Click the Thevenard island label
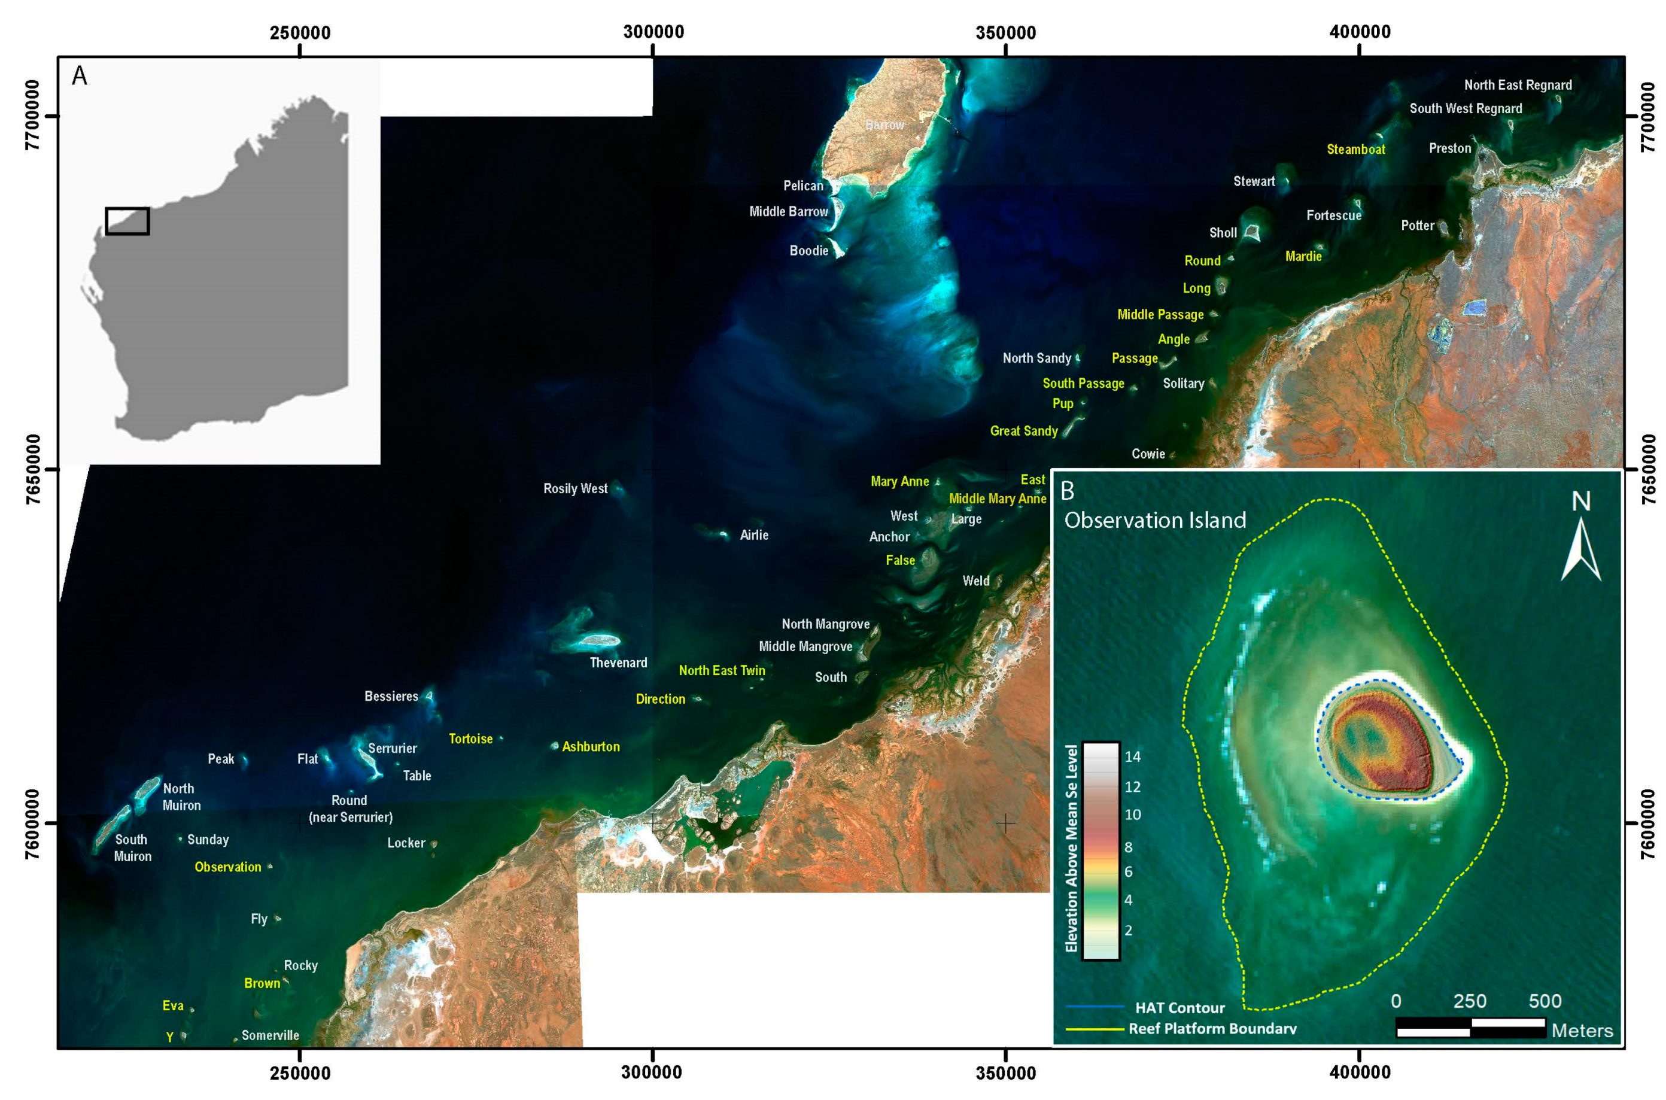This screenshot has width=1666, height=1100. (x=618, y=663)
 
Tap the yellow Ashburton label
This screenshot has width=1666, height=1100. (x=591, y=746)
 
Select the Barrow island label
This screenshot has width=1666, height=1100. (x=884, y=125)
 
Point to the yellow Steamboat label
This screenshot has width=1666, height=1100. (x=1355, y=150)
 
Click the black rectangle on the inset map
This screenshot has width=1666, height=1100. (x=127, y=221)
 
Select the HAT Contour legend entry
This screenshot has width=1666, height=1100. (x=1180, y=1007)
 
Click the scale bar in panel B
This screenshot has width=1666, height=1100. (x=1470, y=1027)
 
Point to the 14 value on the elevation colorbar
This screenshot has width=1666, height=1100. (x=1132, y=757)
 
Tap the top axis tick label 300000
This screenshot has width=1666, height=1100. (x=653, y=32)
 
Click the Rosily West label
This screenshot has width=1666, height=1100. (x=575, y=488)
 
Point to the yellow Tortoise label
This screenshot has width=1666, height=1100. (x=471, y=739)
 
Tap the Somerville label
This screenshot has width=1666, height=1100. (x=270, y=1035)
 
